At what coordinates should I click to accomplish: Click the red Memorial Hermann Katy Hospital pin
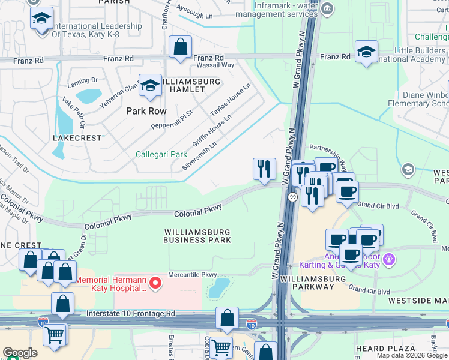pos(156,282)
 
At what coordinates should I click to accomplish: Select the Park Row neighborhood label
pos(146,111)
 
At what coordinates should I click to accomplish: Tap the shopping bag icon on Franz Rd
pos(180,47)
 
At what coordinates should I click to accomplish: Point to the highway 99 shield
pos(292,197)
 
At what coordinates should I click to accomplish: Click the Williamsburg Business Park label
pos(197,235)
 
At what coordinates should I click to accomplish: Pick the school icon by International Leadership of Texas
pos(41,19)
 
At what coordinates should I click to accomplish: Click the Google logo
pos(20,353)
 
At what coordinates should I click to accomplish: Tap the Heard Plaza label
pos(385,349)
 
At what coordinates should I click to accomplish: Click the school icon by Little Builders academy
pos(366,52)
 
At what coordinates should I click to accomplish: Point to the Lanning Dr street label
pos(82,80)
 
